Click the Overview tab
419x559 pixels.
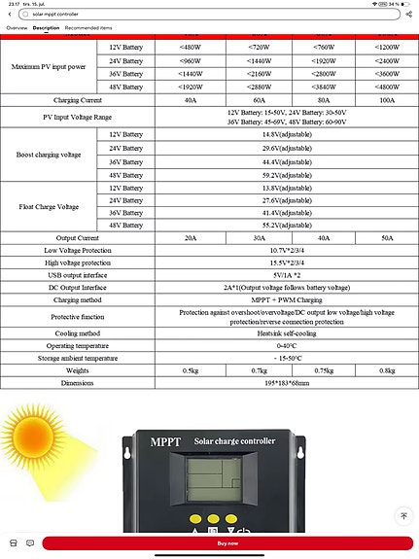click(17, 28)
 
